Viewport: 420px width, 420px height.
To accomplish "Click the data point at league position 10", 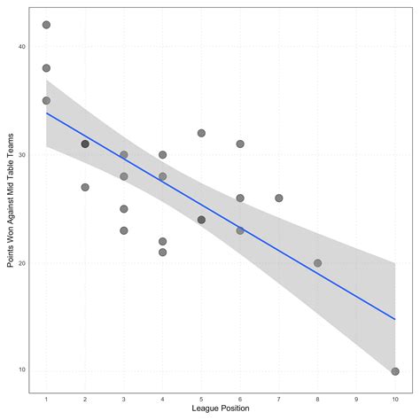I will tap(395, 371).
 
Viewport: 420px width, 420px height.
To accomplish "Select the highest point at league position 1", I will tap(46, 25).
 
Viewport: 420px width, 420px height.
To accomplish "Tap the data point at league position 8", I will tap(317, 263).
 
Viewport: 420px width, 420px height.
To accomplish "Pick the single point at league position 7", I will tap(279, 198).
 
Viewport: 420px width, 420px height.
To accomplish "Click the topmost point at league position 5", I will tap(201, 133).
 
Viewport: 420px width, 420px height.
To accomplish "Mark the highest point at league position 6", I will tap(240, 144).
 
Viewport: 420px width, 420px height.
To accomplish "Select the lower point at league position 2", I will tap(85, 187).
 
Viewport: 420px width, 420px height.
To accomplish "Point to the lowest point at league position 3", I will tap(124, 230).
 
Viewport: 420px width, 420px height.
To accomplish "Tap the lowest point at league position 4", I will tap(163, 252).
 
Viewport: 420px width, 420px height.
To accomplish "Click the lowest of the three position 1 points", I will tap(46, 100).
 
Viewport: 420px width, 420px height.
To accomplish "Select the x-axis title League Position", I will tap(220, 408).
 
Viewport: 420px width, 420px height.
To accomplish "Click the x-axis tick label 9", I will tap(356, 398).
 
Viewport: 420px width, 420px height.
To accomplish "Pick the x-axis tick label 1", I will tap(46, 398).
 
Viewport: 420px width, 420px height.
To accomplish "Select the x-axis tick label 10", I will tap(395, 398).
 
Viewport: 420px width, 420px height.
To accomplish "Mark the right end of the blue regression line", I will tap(395, 319).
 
